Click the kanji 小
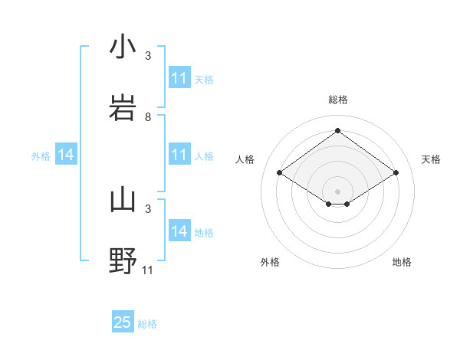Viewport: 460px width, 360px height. [x=123, y=47]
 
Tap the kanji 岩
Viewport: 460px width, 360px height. [x=123, y=108]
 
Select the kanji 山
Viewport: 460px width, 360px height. [x=123, y=200]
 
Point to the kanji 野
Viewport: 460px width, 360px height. [x=123, y=261]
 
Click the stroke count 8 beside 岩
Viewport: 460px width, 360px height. [x=148, y=117]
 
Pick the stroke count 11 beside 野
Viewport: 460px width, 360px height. [x=148, y=270]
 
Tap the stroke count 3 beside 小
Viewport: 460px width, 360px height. [x=148, y=56]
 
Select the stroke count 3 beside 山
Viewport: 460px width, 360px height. [x=148, y=208]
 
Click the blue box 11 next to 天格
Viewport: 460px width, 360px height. [x=179, y=78]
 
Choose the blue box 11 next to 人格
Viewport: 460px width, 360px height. [x=179, y=155]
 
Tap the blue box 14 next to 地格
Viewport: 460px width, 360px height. [x=179, y=231]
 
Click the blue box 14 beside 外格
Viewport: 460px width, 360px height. [x=66, y=155]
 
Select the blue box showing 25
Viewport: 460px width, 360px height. [x=123, y=322]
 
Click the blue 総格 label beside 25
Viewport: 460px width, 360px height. [x=147, y=324]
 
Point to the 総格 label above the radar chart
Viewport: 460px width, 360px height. [x=338, y=100]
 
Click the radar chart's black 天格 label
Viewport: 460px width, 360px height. [x=431, y=159]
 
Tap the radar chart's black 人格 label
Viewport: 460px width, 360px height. [x=245, y=159]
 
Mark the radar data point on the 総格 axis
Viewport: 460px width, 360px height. [x=338, y=131]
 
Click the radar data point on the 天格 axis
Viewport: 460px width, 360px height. [x=396, y=173]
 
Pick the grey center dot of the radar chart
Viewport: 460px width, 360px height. [x=338, y=191]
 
